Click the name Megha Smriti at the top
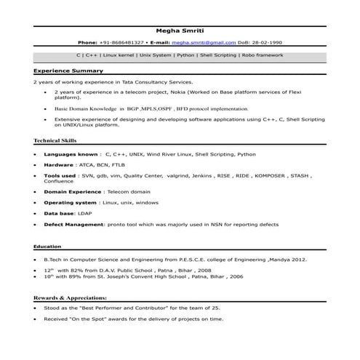(x=179, y=31)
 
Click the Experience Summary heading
(x=68, y=71)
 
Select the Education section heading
(x=47, y=247)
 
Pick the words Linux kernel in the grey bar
(x=119, y=55)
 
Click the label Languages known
(x=71, y=154)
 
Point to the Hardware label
(x=59, y=165)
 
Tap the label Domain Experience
(x=72, y=191)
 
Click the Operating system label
(x=71, y=202)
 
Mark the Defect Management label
(x=74, y=225)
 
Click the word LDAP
(x=86, y=214)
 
